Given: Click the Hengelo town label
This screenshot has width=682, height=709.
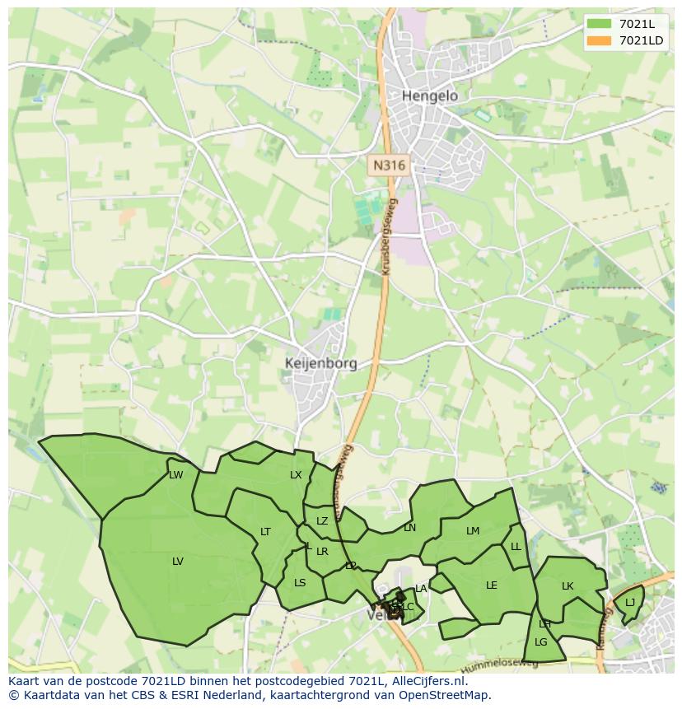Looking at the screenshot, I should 429,96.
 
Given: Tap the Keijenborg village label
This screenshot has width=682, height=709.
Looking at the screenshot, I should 320,363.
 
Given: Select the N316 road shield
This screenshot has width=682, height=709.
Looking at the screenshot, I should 389,165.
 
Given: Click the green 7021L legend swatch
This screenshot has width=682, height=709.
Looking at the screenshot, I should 600,24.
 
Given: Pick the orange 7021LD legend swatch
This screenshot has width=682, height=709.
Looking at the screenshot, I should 600,40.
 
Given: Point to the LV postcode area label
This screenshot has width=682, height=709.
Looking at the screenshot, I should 178,562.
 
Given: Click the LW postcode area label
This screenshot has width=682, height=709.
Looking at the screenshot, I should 175,475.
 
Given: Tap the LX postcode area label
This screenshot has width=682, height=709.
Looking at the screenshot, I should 296,475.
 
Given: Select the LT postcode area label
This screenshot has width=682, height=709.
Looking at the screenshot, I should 265,532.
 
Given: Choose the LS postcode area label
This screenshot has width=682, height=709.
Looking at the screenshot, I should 300,583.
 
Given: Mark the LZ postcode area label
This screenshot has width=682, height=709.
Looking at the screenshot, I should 322,521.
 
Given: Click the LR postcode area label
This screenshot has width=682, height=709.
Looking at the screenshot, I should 322,552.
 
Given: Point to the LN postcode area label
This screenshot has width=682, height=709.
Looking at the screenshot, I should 409,528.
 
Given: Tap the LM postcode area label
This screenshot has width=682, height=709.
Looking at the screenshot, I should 473,531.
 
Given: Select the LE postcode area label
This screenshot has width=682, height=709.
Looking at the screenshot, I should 492,585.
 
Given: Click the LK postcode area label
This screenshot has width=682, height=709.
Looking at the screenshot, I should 568,586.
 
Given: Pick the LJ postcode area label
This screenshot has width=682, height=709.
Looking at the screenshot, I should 630,603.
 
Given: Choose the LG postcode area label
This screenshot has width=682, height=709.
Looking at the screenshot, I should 541,642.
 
